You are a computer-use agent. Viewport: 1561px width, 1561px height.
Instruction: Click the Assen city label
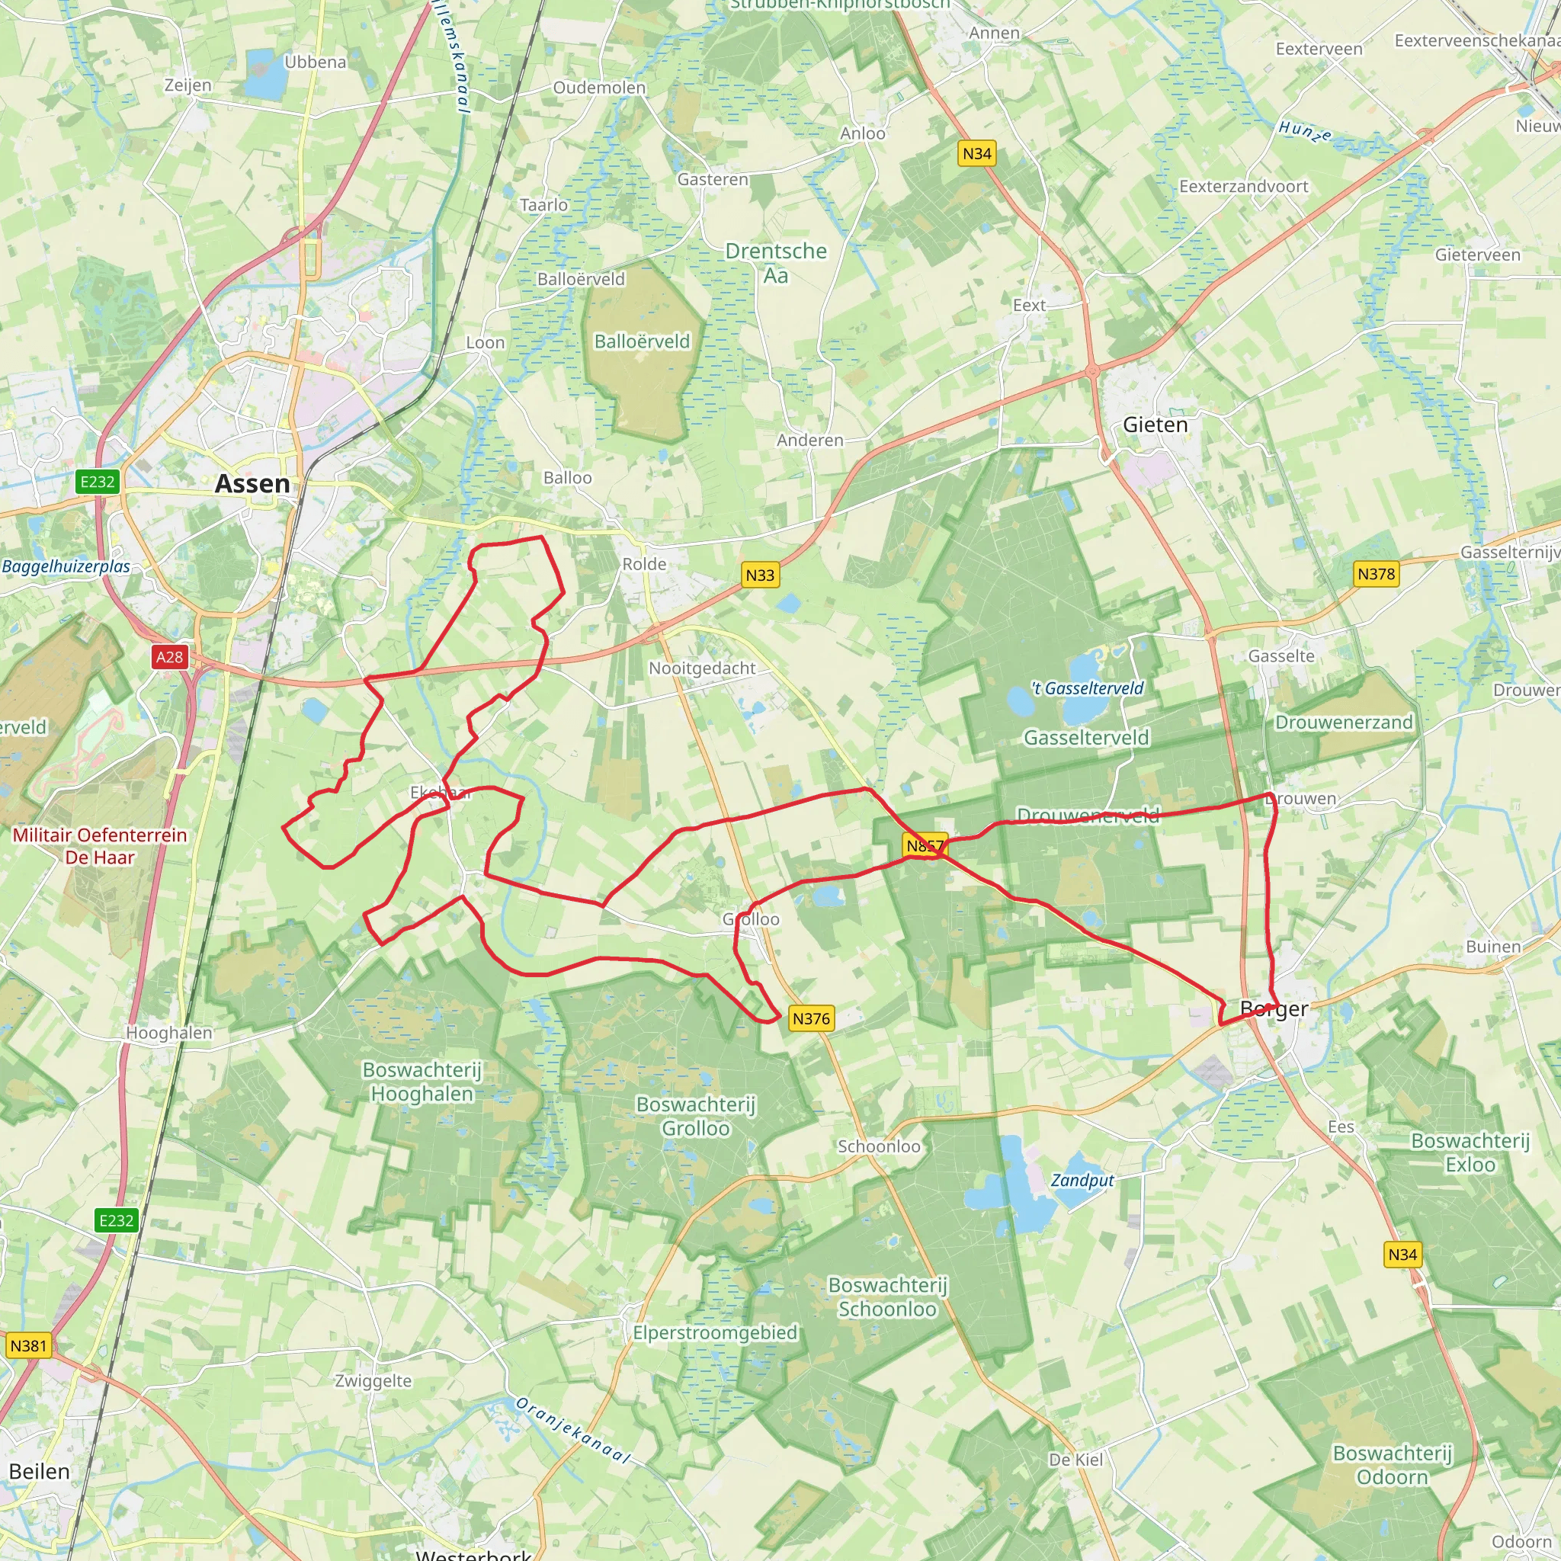pos(252,484)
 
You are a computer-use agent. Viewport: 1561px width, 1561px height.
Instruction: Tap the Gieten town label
pos(1156,425)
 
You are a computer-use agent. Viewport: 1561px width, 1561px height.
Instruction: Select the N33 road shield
pos(759,575)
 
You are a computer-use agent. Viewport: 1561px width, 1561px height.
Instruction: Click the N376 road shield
pos(810,1019)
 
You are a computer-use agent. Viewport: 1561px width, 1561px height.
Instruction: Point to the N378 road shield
pos(1376,575)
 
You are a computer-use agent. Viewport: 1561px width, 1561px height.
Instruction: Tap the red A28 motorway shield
pos(170,657)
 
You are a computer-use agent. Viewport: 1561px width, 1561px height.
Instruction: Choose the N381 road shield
pos(29,1346)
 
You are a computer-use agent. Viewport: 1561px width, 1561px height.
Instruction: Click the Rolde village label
pos(644,564)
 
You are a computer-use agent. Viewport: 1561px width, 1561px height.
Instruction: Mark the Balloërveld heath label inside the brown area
pos(643,341)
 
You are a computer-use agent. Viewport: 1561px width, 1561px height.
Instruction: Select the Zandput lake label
pos(1082,1181)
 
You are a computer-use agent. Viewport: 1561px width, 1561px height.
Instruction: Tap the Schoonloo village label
pos(879,1146)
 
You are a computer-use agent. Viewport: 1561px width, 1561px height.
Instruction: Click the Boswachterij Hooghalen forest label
pos(422,1082)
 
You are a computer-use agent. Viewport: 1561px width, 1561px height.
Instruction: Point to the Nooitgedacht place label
pos(702,668)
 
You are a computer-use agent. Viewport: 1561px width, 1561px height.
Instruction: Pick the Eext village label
pos(1029,306)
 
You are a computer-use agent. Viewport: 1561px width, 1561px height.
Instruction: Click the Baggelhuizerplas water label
pos(66,566)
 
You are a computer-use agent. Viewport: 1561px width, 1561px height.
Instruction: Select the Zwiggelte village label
pos(373,1381)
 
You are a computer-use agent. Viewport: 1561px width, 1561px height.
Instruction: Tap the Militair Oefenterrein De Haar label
pos(100,846)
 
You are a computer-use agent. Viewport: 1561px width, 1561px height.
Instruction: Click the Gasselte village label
pos(1281,656)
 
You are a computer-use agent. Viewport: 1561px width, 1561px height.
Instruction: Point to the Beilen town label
pos(40,1471)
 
